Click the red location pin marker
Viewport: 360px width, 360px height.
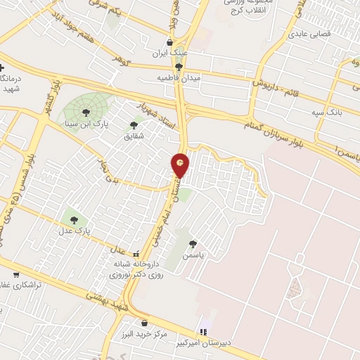[181, 165]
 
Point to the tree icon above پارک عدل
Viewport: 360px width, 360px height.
[75, 218]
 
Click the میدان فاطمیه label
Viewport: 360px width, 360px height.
[178, 78]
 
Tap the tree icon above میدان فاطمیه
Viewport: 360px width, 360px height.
[179, 67]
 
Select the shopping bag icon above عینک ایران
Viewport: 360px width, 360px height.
[169, 43]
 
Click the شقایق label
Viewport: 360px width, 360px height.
[134, 136]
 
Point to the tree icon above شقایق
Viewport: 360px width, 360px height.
[134, 125]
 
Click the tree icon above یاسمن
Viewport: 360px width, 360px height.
[193, 245]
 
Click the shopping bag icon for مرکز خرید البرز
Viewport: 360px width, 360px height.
[145, 323]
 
